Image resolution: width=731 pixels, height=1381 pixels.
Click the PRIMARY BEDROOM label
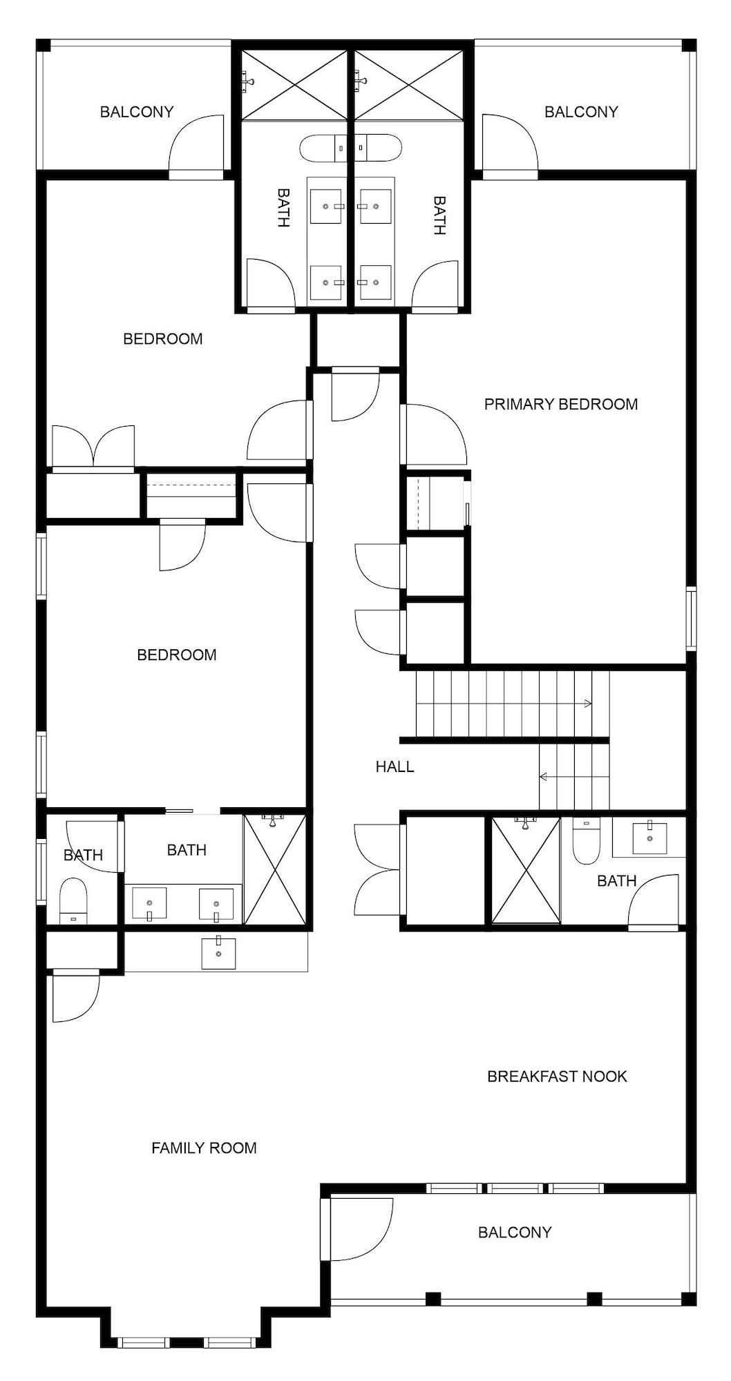coord(560,404)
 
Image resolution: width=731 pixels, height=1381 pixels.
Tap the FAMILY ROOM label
coord(204,1148)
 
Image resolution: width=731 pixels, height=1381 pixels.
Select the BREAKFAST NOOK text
coord(557,1076)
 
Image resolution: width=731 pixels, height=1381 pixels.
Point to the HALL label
coord(395,766)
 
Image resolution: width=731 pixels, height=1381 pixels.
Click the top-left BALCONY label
coord(137,112)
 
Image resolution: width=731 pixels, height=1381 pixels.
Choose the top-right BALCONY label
coord(581,112)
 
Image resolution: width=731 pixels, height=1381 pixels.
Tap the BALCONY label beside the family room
coord(515,1232)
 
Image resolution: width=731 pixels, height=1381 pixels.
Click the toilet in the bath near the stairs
coord(587,841)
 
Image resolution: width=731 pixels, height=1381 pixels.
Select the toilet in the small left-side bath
coord(73,900)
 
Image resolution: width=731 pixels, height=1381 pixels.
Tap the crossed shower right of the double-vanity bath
coord(274,870)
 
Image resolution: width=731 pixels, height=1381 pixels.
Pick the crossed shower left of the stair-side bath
coord(525,870)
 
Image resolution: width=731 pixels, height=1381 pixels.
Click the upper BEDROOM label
coord(163,338)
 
